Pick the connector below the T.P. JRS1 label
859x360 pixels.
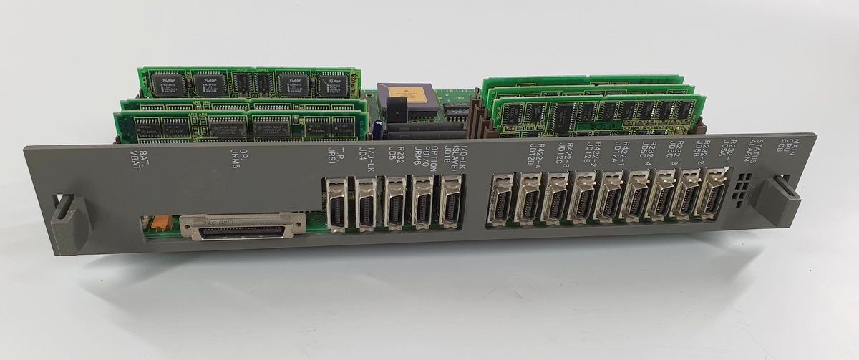coord(336,204)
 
